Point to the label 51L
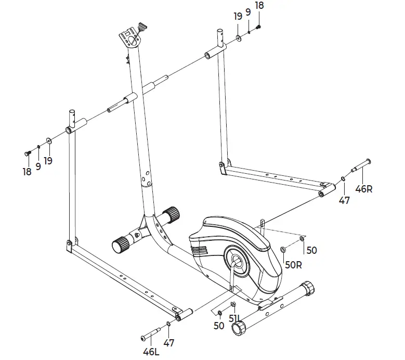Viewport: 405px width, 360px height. click(235, 318)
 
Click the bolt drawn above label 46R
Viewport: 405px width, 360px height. click(361, 165)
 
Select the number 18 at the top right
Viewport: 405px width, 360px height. click(259, 5)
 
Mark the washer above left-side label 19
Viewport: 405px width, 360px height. click(48, 140)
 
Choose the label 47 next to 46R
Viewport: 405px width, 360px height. click(344, 200)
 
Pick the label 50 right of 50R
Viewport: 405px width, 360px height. click(311, 250)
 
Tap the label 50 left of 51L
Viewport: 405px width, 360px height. click(218, 326)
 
